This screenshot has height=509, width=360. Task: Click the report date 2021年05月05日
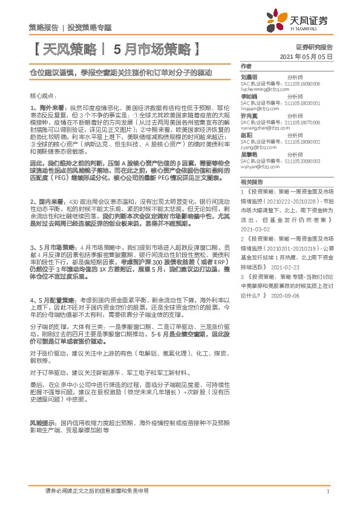pos(308,56)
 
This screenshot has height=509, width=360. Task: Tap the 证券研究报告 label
pos(314,46)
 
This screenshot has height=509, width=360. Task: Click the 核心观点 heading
pos(43,96)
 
